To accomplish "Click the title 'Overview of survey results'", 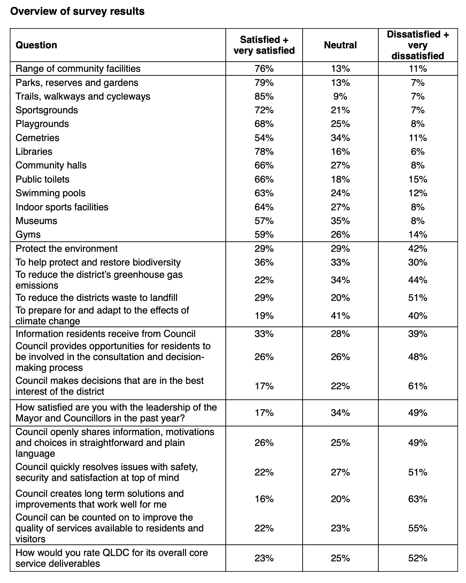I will tap(77, 12).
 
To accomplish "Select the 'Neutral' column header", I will tap(340, 45).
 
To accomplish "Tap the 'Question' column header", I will tap(36, 45).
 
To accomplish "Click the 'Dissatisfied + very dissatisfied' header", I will tap(418, 45).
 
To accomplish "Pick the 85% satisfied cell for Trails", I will tap(264, 96).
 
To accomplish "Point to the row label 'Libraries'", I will tap(34, 152).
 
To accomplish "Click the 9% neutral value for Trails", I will tap(340, 96).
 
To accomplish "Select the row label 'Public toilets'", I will tap(43, 179).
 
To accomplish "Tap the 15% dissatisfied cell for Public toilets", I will tap(418, 179).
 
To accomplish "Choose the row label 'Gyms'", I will tap(28, 234).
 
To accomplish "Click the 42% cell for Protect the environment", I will tap(418, 249).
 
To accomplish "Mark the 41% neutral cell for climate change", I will tap(340, 316).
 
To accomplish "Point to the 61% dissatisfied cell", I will tap(418, 386).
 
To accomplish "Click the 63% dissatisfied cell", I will tap(418, 499).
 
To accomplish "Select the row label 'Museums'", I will tap(36, 221).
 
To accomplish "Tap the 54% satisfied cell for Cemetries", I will tap(264, 138).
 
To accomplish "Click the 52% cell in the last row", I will tap(418, 558).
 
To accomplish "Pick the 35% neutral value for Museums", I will tap(340, 221).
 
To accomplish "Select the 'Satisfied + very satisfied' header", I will tap(264, 45).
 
